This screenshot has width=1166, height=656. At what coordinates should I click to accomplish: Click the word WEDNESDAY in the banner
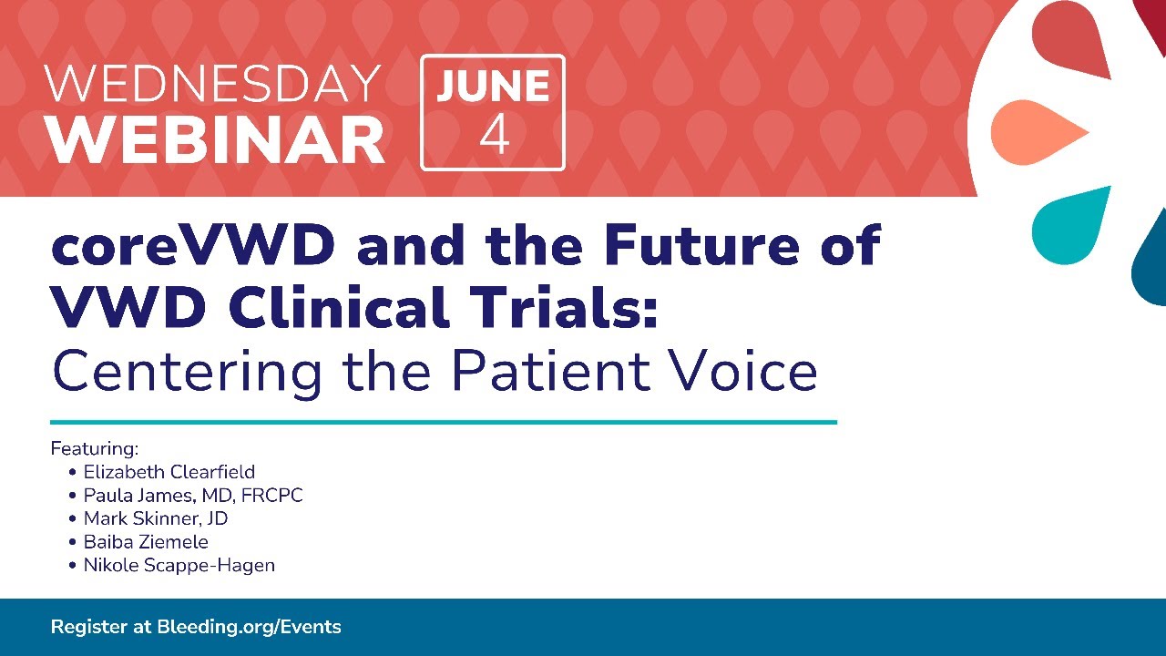(x=212, y=83)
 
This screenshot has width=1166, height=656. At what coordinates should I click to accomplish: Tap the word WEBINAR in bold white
(x=215, y=139)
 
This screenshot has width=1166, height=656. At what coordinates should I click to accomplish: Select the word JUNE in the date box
(x=493, y=86)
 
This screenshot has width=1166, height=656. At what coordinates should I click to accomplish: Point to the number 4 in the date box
(x=494, y=135)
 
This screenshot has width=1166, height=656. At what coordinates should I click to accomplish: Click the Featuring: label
(x=94, y=449)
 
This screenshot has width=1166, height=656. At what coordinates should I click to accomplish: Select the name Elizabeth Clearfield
(x=169, y=472)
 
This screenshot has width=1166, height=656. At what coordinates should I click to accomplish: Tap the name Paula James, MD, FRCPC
(x=193, y=496)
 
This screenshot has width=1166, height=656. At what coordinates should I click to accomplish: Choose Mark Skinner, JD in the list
(x=156, y=518)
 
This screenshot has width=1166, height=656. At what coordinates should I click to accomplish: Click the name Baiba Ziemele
(x=146, y=542)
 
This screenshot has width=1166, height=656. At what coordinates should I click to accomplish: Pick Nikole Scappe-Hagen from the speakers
(x=179, y=566)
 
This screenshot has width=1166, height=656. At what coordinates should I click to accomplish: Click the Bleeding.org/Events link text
(x=249, y=627)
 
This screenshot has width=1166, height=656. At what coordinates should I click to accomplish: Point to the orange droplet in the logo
(x=1038, y=133)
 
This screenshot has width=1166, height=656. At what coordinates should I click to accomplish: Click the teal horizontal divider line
(x=444, y=422)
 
